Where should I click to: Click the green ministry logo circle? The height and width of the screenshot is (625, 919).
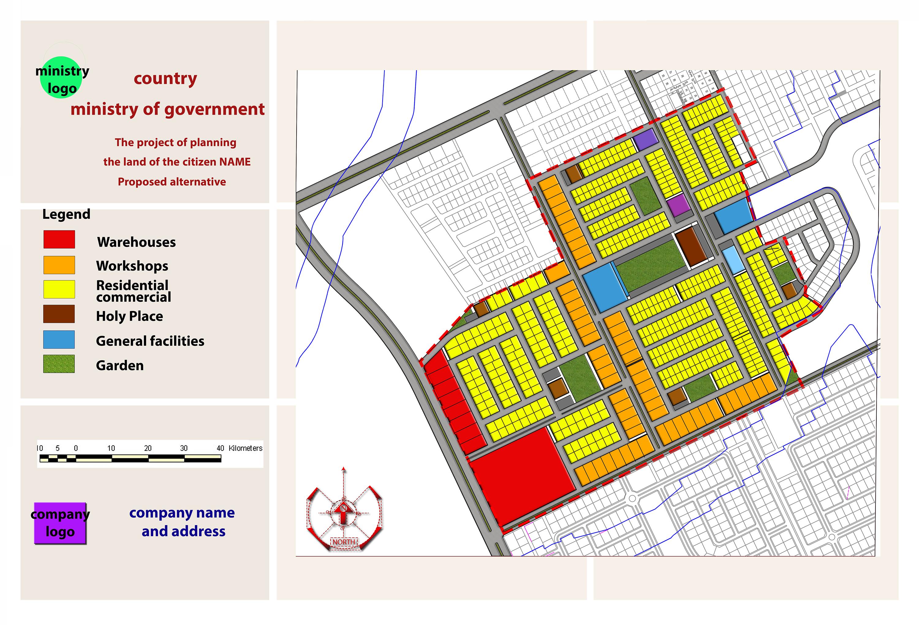[x=61, y=78]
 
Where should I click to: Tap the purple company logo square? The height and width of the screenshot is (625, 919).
[x=60, y=523]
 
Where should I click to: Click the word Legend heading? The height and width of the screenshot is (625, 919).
[x=66, y=214]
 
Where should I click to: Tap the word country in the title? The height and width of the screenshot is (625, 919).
[x=165, y=78]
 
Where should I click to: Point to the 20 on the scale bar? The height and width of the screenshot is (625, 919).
[x=147, y=448]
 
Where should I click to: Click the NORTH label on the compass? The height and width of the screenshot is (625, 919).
[x=344, y=542]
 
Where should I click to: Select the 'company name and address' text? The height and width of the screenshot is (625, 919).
[x=182, y=522]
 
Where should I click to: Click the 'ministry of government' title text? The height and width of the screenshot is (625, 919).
[x=168, y=109]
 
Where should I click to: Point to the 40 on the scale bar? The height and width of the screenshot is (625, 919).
[x=220, y=448]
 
